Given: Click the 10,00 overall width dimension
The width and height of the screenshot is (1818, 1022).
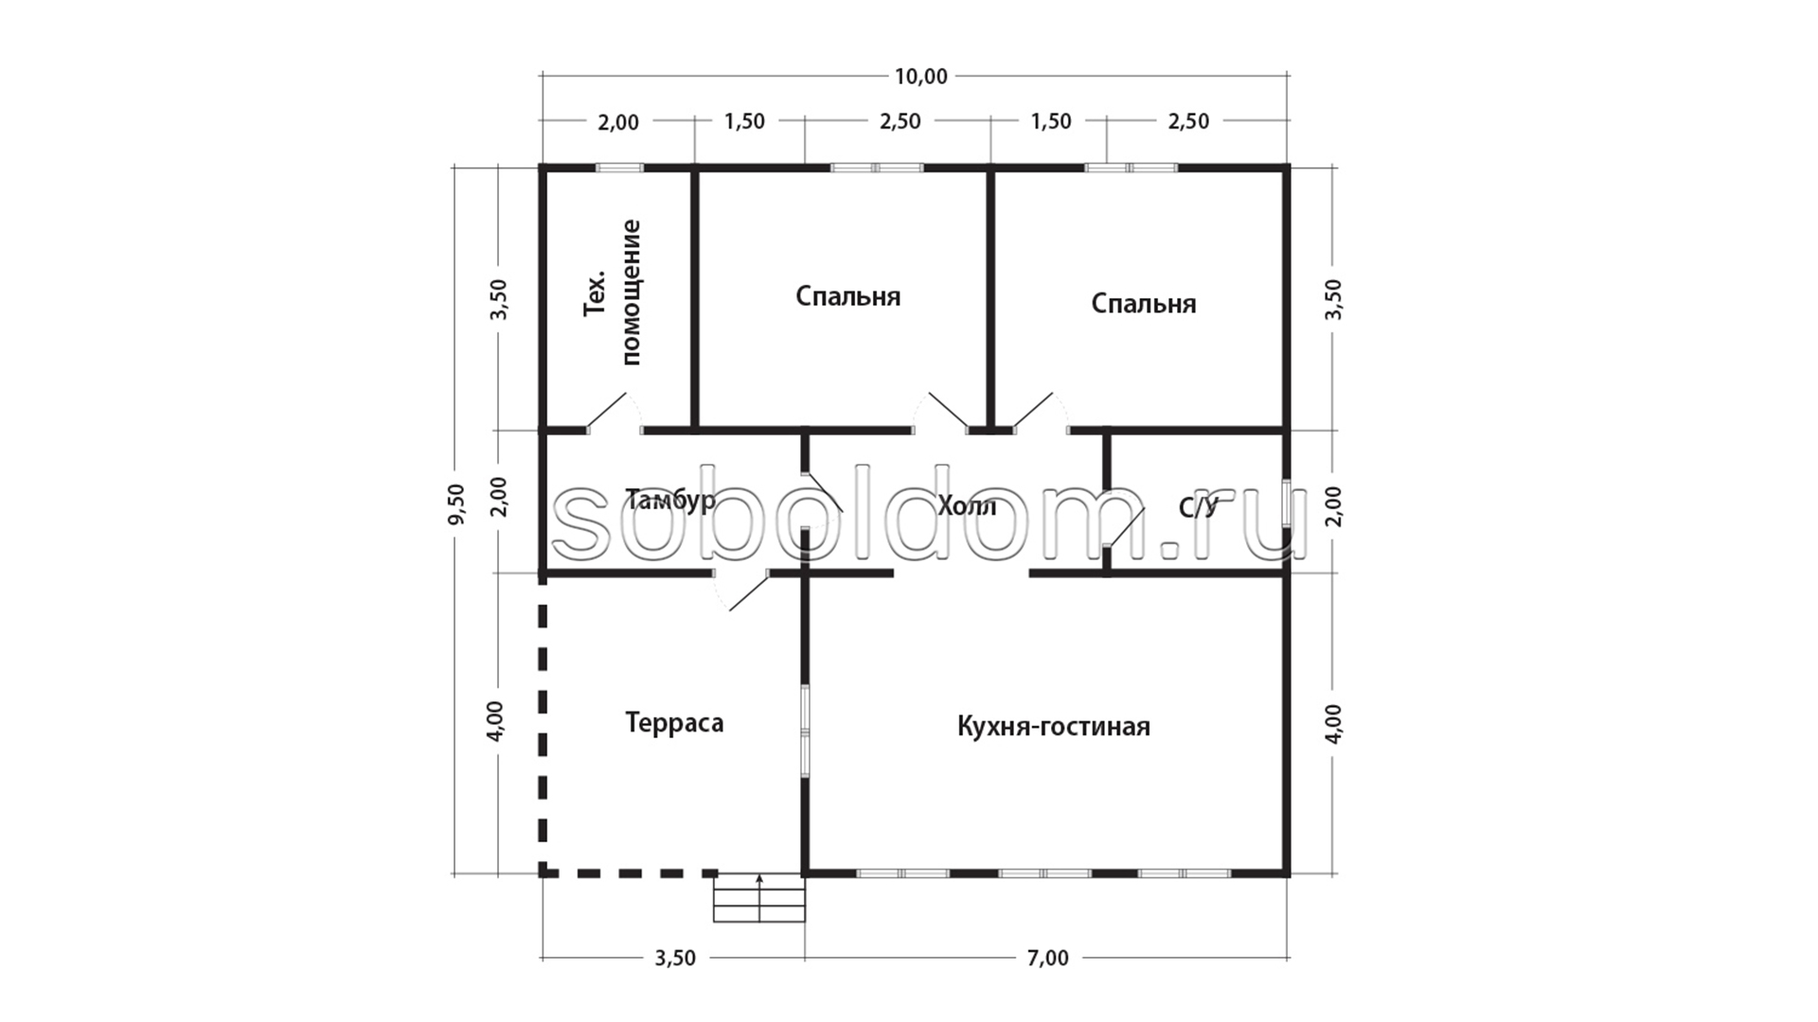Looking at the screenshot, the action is coord(920,77).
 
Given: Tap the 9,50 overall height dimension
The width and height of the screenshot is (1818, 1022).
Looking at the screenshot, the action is coord(457,503).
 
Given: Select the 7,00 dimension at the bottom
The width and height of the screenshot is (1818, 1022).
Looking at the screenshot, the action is coord(1047,959).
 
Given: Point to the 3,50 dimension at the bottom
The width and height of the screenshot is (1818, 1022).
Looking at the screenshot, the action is coord(675,959).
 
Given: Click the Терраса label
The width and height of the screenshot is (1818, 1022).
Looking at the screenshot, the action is coord(674,723).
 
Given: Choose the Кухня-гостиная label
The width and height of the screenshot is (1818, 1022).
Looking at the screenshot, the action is coord(1054,727).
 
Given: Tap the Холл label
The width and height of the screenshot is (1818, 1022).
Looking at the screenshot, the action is coord(967,506).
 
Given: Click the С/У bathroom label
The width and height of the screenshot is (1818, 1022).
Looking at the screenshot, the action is coord(1198,508).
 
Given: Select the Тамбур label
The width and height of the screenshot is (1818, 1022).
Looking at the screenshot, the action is coord(670,500).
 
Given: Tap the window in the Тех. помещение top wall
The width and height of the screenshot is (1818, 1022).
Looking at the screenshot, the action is coord(619,167).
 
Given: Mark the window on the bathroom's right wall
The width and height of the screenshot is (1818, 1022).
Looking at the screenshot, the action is coord(1287,503).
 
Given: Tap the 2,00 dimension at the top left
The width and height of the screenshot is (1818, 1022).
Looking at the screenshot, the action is coord(618,122).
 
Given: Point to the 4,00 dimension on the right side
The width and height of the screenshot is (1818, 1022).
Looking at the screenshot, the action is coord(1333,724).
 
